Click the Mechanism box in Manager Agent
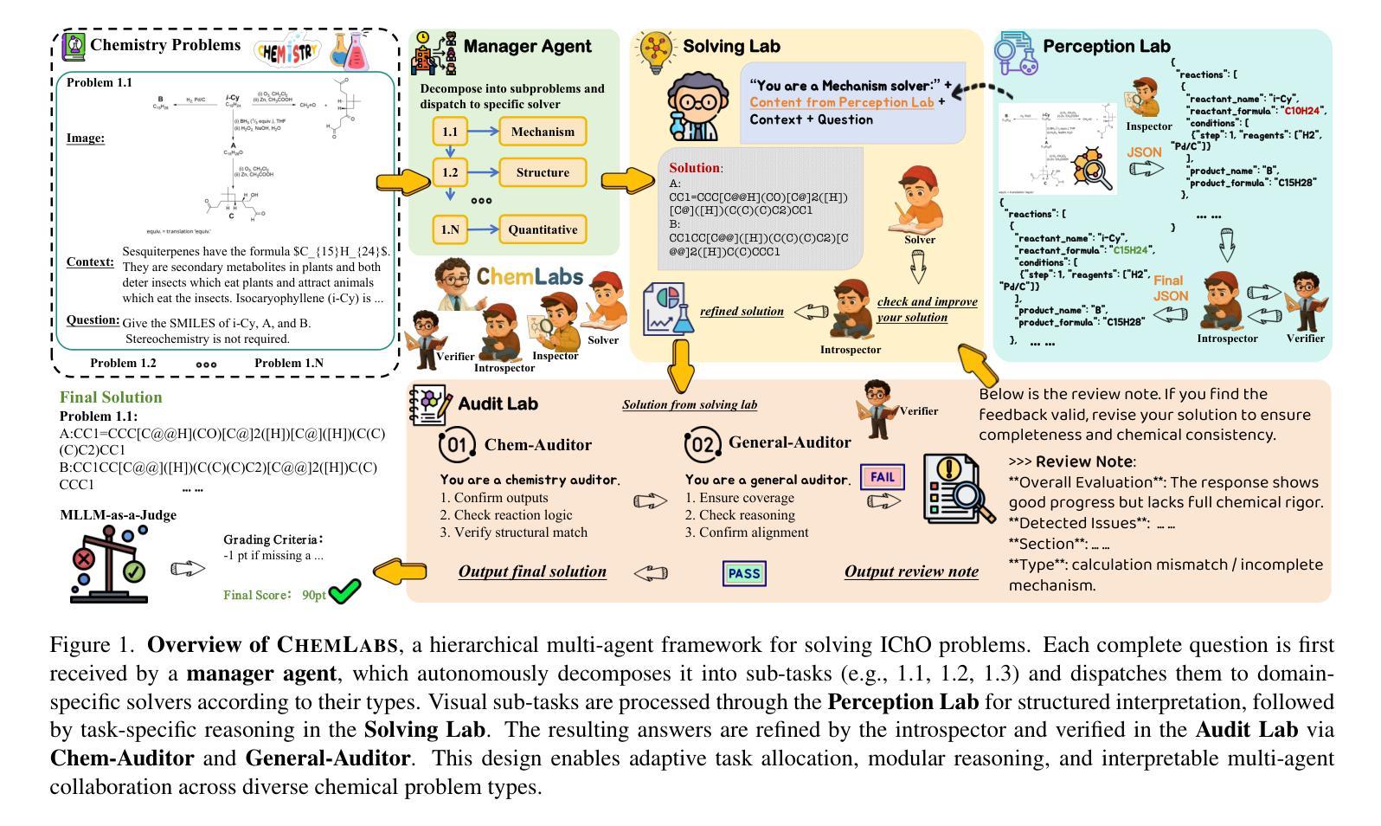click(543, 132)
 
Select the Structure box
click(543, 172)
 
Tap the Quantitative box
click(543, 229)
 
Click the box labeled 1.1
click(450, 132)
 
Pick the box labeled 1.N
click(450, 229)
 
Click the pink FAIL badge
click(882, 477)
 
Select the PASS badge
click(744, 573)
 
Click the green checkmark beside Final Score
click(344, 592)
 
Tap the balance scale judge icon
click(109, 564)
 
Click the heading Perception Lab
click(1106, 47)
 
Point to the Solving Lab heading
click(731, 46)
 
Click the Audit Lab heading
click(498, 403)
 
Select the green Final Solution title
click(111, 397)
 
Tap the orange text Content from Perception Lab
click(842, 102)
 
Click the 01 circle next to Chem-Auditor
click(457, 445)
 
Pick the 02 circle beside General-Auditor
click(702, 445)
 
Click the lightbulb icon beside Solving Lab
click(655, 51)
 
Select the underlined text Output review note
click(911, 571)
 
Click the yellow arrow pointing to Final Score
click(399, 571)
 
